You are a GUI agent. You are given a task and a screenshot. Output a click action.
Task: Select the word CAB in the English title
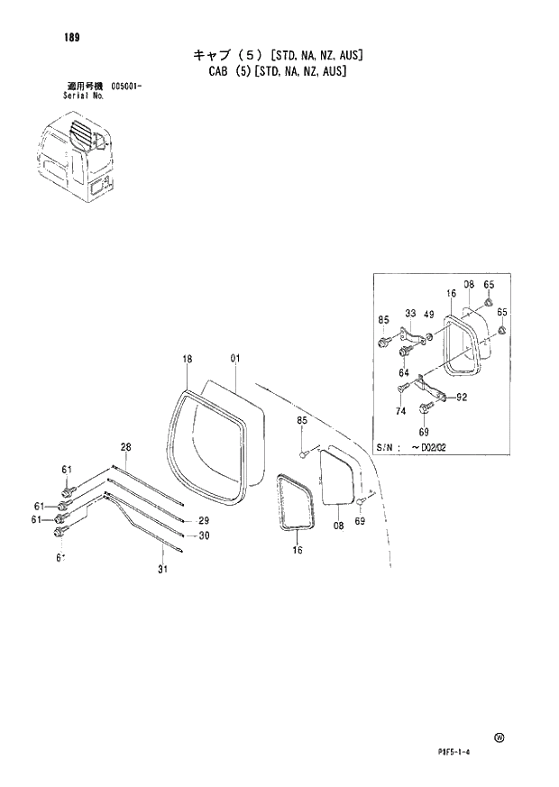pyautogui.click(x=215, y=70)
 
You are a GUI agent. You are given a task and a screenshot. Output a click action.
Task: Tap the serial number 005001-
pyautogui.click(x=129, y=87)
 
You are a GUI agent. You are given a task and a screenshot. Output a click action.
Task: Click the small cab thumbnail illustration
pyautogui.click(x=77, y=156)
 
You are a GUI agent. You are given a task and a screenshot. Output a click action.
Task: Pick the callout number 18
pyautogui.click(x=188, y=359)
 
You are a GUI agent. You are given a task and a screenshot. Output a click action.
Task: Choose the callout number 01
pyautogui.click(x=234, y=359)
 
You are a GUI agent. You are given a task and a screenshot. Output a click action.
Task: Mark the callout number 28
pyautogui.click(x=126, y=447)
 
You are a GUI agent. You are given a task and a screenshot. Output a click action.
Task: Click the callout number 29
pyautogui.click(x=204, y=521)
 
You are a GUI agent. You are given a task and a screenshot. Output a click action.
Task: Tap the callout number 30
pyautogui.click(x=204, y=535)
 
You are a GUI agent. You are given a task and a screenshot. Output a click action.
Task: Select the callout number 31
pyautogui.click(x=162, y=568)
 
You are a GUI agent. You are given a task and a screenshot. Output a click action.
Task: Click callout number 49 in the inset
pyautogui.click(x=429, y=314)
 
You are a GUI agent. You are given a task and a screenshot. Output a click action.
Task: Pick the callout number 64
pyautogui.click(x=404, y=372)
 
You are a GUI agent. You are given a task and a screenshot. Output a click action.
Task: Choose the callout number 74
pyautogui.click(x=402, y=410)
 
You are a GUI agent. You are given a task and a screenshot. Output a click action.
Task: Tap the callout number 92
pyautogui.click(x=462, y=396)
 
